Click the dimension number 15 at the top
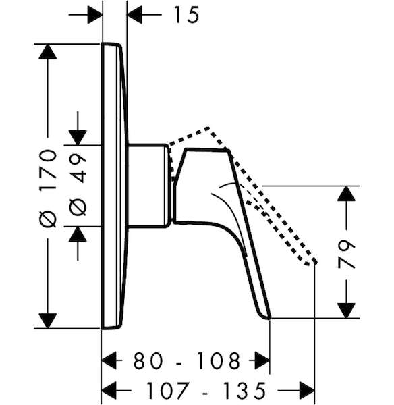[x=187, y=15]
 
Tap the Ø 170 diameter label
[x=48, y=188]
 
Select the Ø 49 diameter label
[x=78, y=184]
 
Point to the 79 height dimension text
[x=346, y=254]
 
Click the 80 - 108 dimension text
[x=187, y=360]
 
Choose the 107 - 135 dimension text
[x=206, y=390]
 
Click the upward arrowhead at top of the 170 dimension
[x=47, y=52]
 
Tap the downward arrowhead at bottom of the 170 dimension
[x=47, y=321]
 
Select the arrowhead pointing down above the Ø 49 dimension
[x=78, y=138]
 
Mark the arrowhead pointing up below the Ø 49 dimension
[x=78, y=234]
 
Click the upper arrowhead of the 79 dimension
[x=346, y=194]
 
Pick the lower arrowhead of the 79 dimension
[x=346, y=310]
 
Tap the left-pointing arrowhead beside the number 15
[x=135, y=14]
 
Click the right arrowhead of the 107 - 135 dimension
[x=306, y=390]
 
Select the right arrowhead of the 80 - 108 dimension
[x=262, y=360]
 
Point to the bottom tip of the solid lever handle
[x=269, y=318]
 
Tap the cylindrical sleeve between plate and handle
[x=148, y=186]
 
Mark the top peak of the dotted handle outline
[x=208, y=128]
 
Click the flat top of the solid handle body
[x=206, y=150]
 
